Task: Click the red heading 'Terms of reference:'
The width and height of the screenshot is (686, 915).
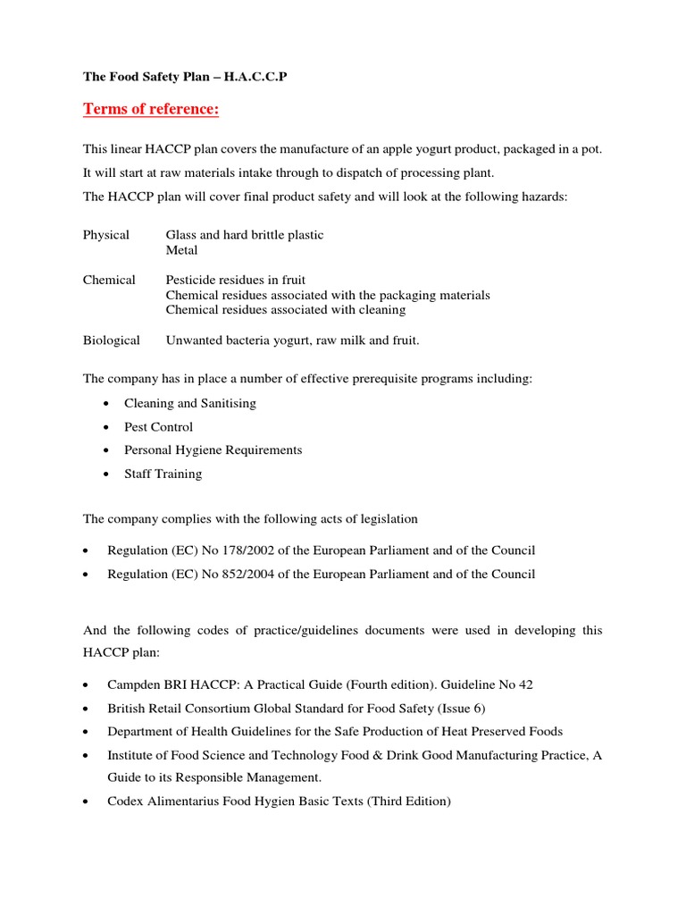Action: (151, 109)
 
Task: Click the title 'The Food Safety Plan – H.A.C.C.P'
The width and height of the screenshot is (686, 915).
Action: (185, 77)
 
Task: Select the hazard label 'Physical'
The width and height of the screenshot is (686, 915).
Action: (106, 235)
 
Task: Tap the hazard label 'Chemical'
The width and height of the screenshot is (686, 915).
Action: (109, 281)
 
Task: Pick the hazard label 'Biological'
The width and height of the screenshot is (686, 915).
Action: (112, 340)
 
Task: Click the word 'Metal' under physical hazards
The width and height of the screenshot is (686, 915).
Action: (181, 250)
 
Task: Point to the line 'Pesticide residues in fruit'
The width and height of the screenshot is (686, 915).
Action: (236, 281)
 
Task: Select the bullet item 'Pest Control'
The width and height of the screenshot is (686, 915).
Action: (158, 427)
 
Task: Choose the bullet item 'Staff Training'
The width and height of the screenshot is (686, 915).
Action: (163, 474)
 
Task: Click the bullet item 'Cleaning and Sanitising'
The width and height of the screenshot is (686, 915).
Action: (189, 404)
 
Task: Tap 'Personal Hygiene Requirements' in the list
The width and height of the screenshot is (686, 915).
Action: (213, 450)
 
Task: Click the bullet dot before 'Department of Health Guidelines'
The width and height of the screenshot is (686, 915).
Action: (86, 732)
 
